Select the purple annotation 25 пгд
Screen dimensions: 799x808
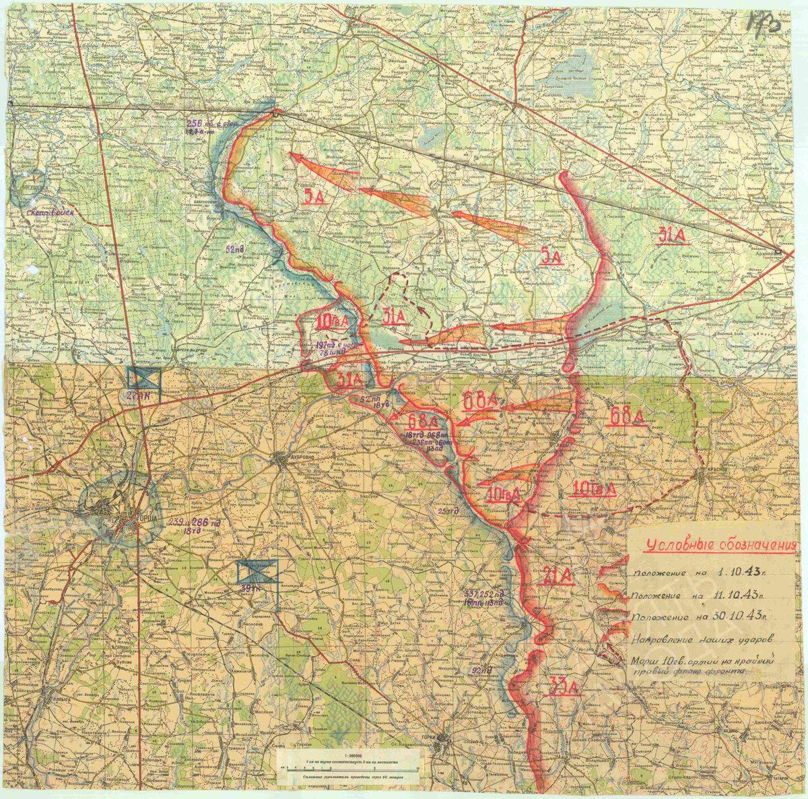click(x=444, y=511)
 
